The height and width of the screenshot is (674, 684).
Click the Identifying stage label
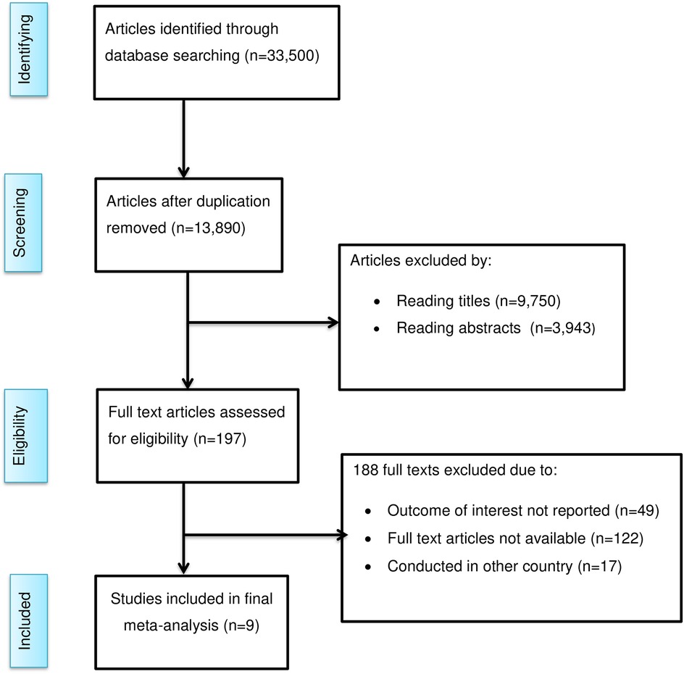(x=25, y=49)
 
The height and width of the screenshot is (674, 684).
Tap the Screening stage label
(x=20, y=222)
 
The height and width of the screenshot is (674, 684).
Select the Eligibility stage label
(x=20, y=436)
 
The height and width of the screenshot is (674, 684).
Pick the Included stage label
(x=25, y=621)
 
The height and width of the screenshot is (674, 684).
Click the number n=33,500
(x=282, y=56)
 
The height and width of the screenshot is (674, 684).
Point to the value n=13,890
(x=208, y=228)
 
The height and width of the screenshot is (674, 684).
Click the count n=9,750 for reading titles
(x=527, y=301)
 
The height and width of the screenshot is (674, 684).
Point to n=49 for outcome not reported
(x=637, y=511)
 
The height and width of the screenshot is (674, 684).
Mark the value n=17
(x=599, y=567)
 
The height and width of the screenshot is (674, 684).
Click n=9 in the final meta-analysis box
(x=241, y=626)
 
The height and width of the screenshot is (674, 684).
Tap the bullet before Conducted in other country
(x=368, y=567)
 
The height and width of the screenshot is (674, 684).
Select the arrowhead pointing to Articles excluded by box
(x=334, y=323)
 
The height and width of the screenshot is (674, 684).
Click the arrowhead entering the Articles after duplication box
(x=183, y=172)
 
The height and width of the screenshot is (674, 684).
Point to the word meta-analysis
(x=171, y=626)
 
